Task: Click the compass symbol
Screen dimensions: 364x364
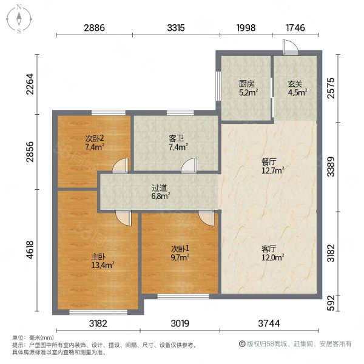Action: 19,19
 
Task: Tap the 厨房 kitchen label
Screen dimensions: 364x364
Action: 246,84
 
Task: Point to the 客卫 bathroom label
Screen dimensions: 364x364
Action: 176,139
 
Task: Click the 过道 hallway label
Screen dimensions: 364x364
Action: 160,188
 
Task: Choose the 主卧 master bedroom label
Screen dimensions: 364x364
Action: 99,257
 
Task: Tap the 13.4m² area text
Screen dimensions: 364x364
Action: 103,265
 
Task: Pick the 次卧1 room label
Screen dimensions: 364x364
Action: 180,249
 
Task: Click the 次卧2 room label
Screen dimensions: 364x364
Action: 95,139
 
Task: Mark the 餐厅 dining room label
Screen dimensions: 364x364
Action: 269,162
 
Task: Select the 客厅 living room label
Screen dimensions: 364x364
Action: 269,249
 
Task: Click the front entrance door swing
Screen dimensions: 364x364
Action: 291,47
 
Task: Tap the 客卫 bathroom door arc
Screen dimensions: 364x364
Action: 189,165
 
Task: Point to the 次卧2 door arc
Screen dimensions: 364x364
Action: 120,165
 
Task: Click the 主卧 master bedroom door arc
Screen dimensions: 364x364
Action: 124,218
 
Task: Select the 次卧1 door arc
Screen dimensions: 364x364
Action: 206,218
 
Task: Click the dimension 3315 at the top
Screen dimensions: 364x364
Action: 176,28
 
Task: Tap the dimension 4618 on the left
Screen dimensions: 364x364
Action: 30,250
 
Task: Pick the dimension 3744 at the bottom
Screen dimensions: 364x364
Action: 269,323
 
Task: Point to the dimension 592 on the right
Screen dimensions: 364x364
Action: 331,303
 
